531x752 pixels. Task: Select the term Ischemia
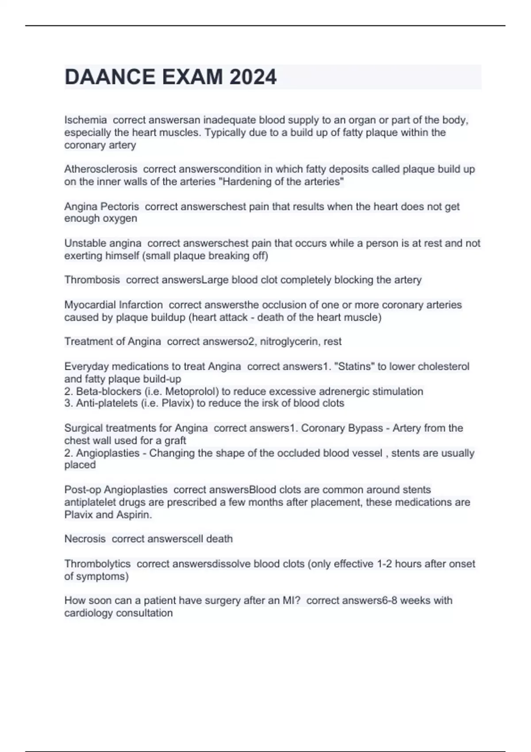[85, 120]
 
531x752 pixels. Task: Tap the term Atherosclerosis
[100, 169]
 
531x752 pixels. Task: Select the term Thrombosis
[92, 280]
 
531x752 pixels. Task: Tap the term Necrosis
[85, 539]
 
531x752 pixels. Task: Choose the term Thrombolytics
[97, 564]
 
